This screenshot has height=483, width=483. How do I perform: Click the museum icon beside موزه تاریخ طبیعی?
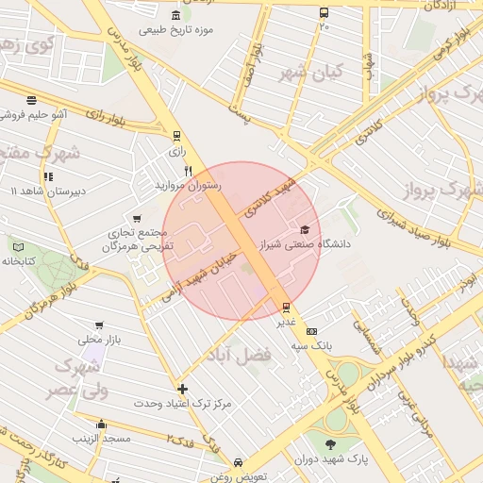177,15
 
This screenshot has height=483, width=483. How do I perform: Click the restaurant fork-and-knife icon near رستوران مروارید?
189,172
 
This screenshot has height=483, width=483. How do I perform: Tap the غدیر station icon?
287,307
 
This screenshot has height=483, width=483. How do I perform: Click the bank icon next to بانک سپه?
312,331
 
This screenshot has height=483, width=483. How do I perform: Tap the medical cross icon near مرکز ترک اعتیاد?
182,389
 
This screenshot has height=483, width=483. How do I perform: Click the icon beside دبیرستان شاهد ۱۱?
47,176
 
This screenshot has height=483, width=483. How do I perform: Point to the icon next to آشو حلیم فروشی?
31,100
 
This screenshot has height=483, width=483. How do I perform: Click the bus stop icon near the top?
325,13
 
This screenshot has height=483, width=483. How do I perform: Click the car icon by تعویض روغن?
239,463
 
